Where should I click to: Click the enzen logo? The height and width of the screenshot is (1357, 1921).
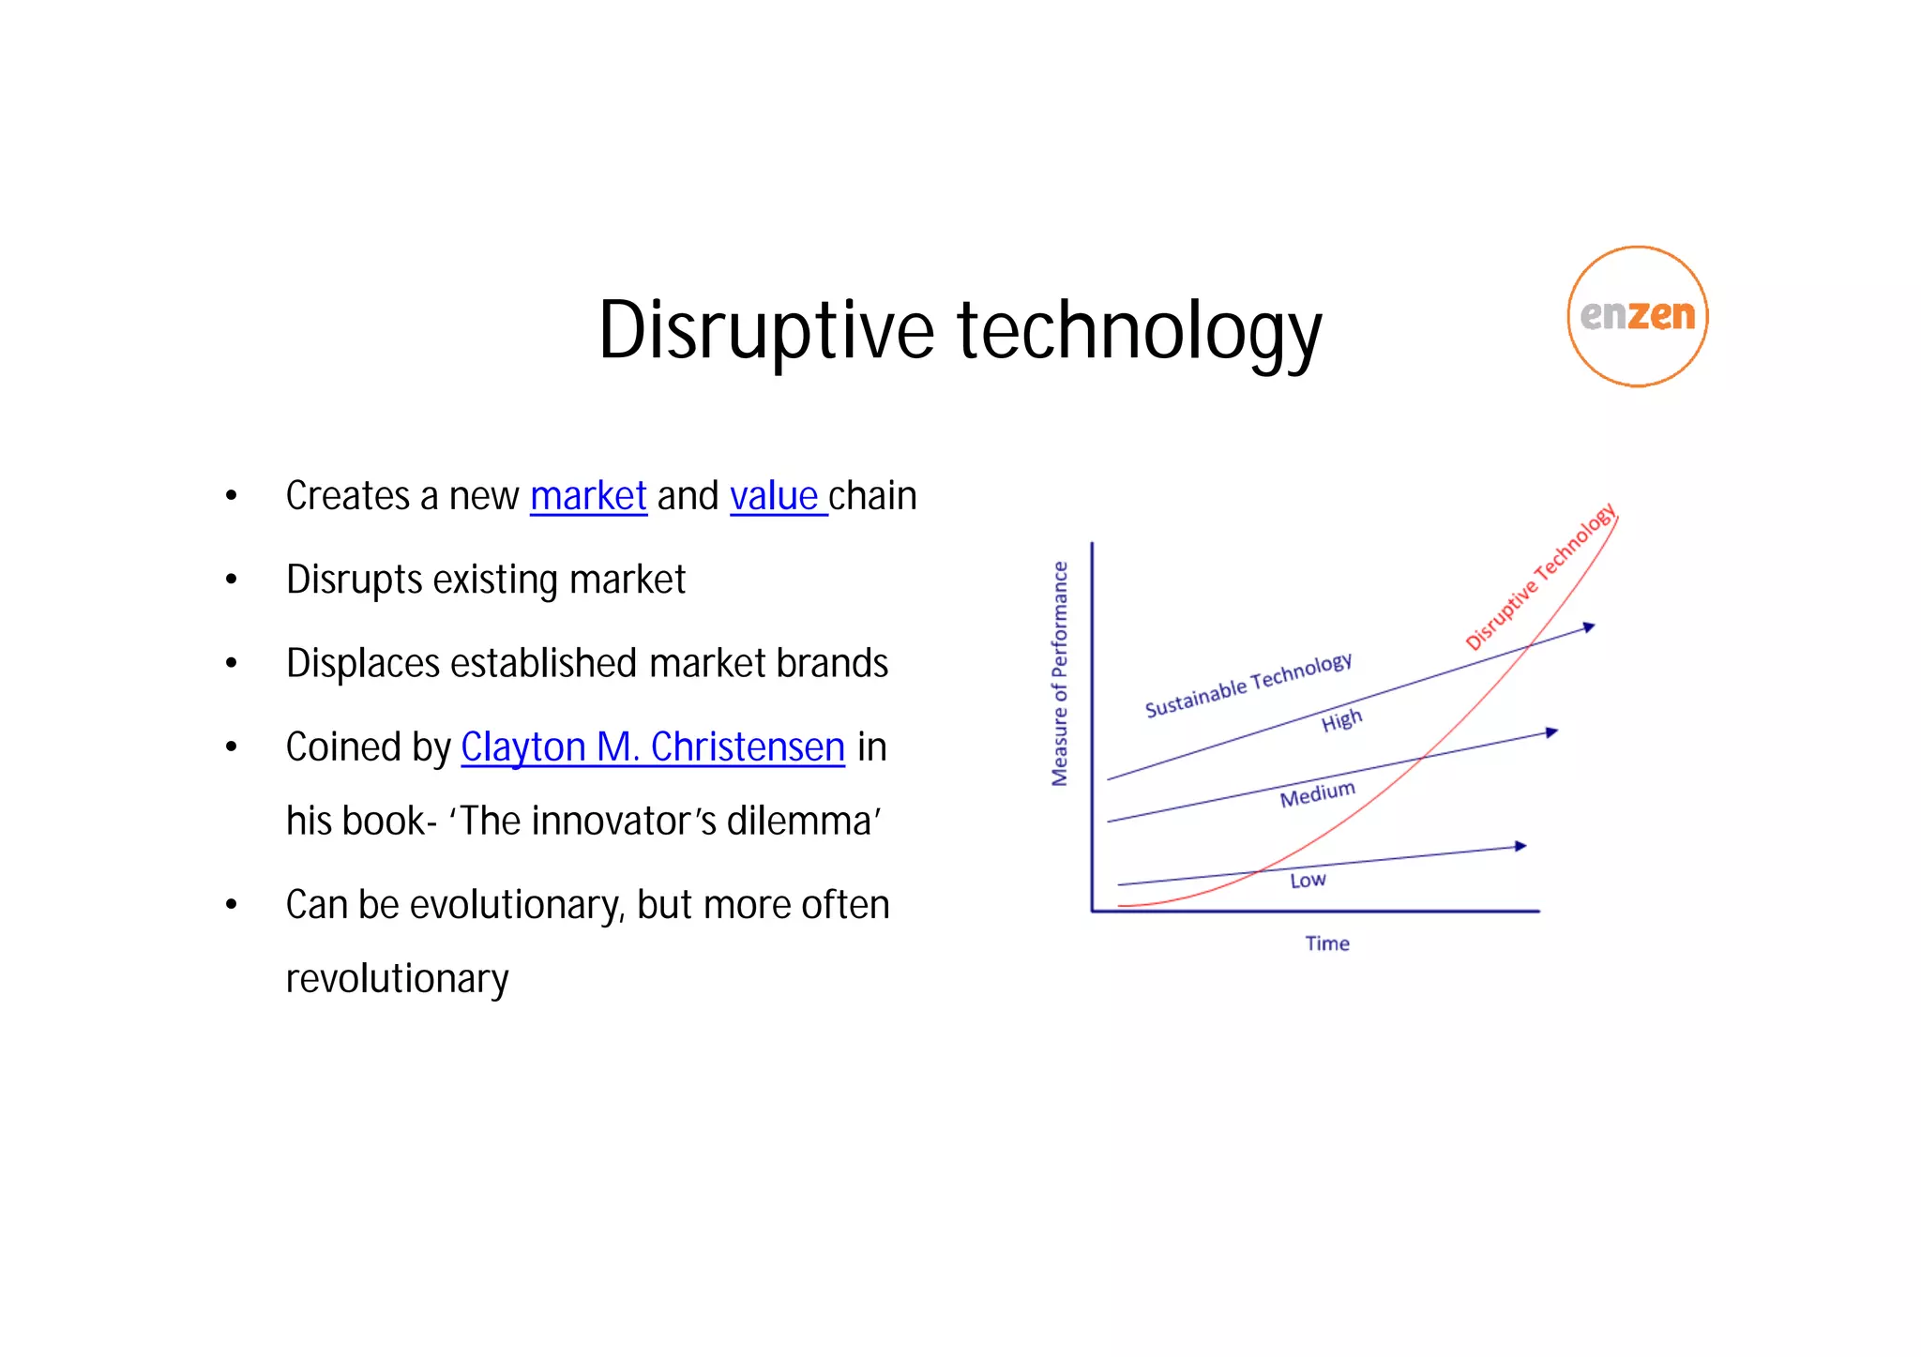pyautogui.click(x=1637, y=316)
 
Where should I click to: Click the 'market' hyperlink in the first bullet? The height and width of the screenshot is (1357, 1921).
pyautogui.click(x=588, y=496)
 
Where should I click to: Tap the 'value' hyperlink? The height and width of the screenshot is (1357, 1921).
pyautogui.click(x=774, y=496)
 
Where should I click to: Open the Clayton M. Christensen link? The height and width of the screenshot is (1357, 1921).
pyautogui.click(x=653, y=747)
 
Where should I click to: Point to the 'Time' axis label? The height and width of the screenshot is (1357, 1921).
pyautogui.click(x=1327, y=943)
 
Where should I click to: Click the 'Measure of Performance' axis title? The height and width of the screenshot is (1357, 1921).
pyautogui.click(x=1060, y=673)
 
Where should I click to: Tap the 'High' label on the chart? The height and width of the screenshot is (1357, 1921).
pyautogui.click(x=1341, y=720)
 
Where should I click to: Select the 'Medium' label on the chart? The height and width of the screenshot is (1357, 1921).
pyautogui.click(x=1317, y=794)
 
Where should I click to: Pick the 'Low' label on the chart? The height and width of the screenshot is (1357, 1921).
pyautogui.click(x=1308, y=880)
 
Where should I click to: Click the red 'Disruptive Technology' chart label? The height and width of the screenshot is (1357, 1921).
pyautogui.click(x=1540, y=577)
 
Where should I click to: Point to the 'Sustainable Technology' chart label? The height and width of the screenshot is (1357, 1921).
pyautogui.click(x=1248, y=685)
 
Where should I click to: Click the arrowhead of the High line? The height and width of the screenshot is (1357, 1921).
pyautogui.click(x=1589, y=626)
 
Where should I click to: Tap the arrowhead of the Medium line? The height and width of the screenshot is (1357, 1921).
pyautogui.click(x=1551, y=732)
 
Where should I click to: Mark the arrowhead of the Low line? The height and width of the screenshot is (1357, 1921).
pyautogui.click(x=1520, y=847)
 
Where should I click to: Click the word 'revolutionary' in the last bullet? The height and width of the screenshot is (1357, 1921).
pyautogui.click(x=397, y=979)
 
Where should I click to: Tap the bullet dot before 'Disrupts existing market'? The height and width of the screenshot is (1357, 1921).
pyautogui.click(x=232, y=580)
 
